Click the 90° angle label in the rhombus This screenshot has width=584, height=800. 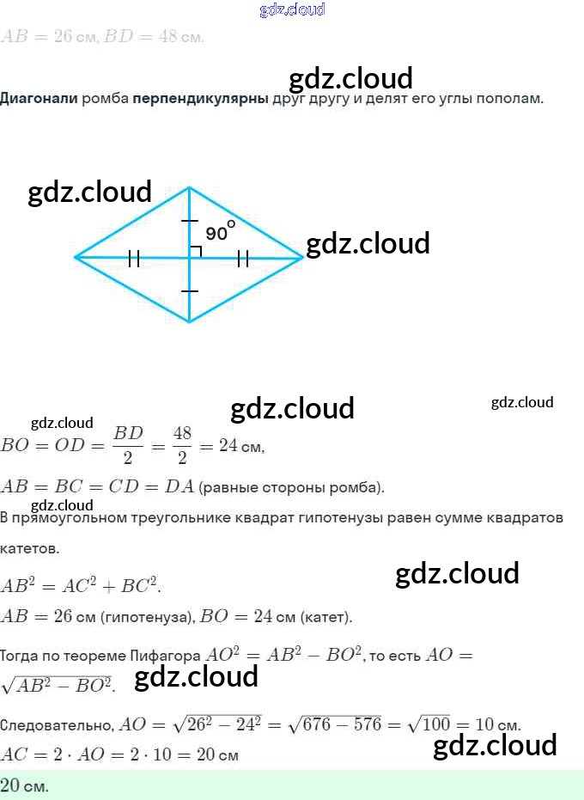click(219, 232)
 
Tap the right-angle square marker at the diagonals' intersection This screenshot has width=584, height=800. click(195, 251)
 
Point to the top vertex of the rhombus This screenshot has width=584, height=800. click(190, 187)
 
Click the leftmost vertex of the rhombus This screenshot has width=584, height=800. click(76, 256)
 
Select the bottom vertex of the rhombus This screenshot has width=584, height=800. click(190, 322)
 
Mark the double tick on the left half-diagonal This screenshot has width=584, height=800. click(133, 257)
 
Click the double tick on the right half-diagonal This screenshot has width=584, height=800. click(243, 257)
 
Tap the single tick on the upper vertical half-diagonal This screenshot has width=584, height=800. click(190, 222)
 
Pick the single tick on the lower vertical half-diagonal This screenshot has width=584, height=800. click(190, 291)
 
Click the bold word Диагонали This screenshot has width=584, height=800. click(40, 98)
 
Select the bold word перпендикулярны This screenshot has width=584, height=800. click(200, 98)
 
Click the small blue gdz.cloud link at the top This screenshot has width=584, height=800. click(292, 9)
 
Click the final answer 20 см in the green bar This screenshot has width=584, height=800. click(25, 785)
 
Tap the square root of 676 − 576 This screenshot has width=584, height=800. click(336, 724)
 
